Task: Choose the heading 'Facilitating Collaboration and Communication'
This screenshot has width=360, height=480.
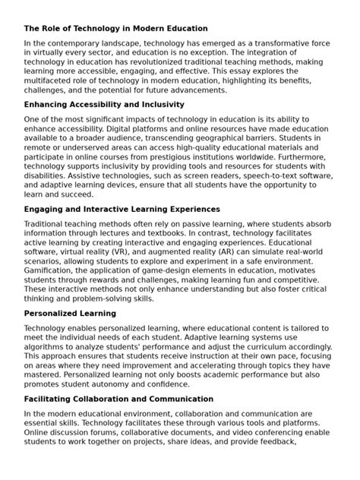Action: coord(118,399)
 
